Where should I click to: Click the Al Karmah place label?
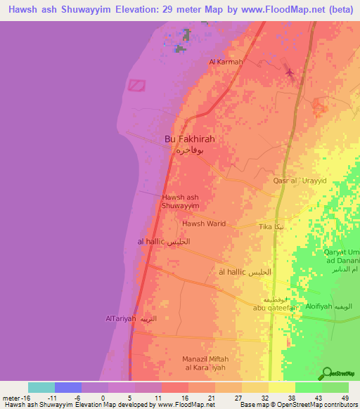(226, 62)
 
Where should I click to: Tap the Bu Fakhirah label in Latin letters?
(189, 139)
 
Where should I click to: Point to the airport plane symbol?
(289, 72)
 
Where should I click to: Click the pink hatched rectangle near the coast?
(136, 85)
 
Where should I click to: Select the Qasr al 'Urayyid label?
(300, 181)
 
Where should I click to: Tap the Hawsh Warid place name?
(204, 223)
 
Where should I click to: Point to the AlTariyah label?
(120, 319)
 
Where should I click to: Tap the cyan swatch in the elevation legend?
(41, 387)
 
